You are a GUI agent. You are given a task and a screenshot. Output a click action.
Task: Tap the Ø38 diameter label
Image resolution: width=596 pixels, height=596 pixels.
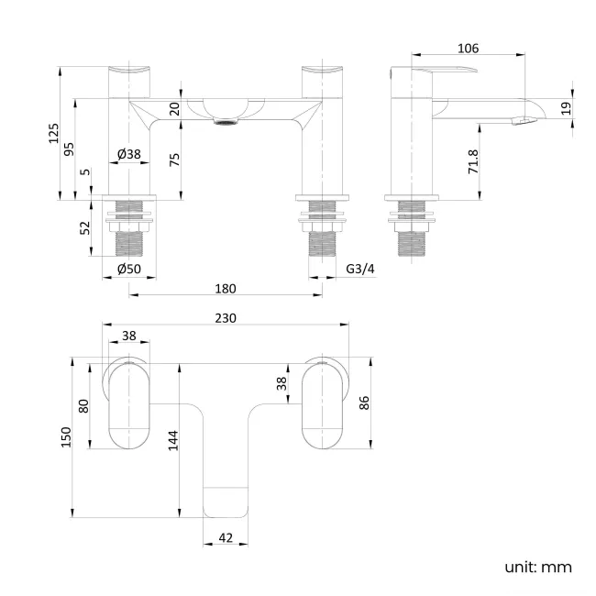[129, 155]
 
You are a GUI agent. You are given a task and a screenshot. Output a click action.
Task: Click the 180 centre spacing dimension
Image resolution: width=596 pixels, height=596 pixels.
[226, 289]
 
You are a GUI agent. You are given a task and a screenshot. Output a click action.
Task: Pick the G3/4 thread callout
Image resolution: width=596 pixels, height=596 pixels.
[361, 269]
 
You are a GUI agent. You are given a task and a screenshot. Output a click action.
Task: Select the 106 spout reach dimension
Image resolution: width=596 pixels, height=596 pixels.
[468, 49]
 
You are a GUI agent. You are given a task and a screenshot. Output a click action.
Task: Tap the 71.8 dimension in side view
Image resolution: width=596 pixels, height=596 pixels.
[473, 162]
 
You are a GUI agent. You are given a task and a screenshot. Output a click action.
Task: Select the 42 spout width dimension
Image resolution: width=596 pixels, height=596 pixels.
[226, 538]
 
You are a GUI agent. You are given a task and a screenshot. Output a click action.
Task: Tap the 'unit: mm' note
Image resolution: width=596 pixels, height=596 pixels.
[537, 567]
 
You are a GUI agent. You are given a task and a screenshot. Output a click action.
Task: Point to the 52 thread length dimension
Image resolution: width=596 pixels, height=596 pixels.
[85, 227]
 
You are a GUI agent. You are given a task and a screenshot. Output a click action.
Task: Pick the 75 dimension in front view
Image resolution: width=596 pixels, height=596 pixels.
[174, 158]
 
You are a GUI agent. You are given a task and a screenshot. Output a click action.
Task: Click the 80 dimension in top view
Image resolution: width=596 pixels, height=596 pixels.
[84, 405]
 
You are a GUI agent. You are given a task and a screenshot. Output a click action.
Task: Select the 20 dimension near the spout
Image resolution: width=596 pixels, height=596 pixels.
[174, 108]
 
